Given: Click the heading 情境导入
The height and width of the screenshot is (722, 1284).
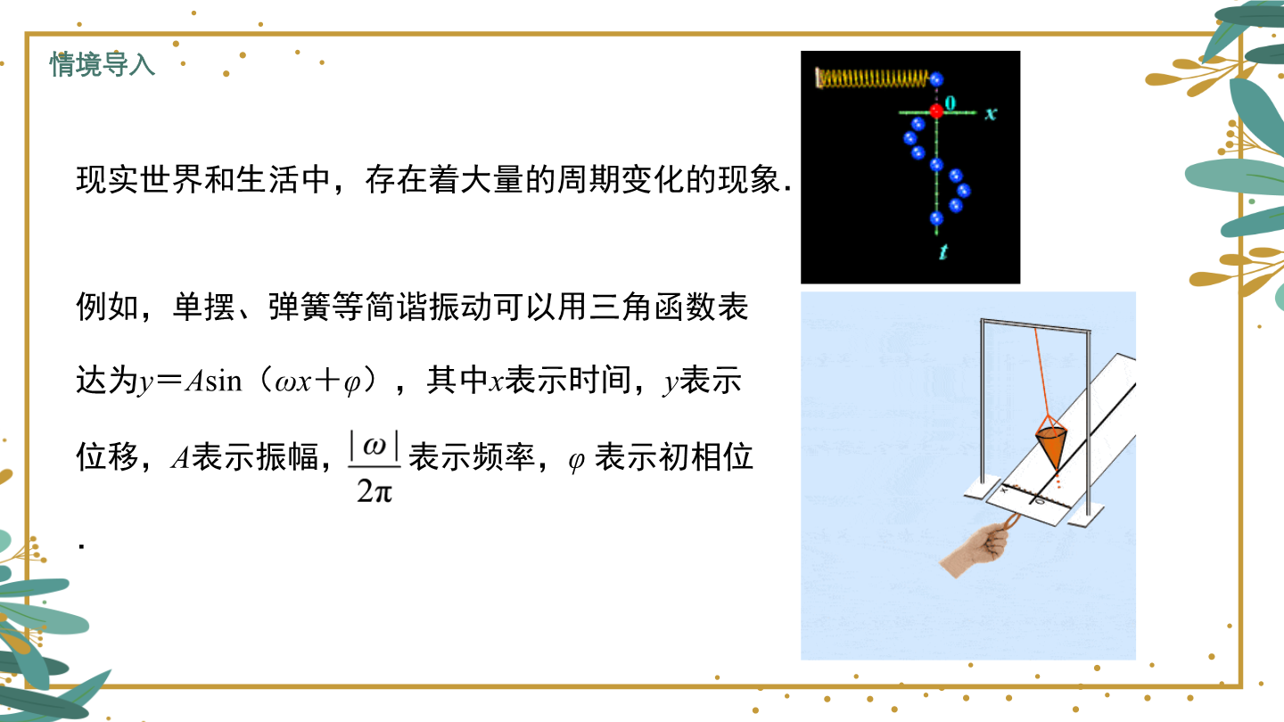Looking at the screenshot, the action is (102, 63).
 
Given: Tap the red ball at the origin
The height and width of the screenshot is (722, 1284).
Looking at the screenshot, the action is (936, 111).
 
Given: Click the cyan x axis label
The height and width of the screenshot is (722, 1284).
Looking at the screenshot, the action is (991, 113).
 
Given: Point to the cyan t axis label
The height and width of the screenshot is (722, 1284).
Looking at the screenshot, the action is (943, 251).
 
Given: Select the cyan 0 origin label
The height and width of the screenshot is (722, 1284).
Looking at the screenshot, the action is (951, 103).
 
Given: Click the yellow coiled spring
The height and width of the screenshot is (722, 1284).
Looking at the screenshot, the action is (872, 78).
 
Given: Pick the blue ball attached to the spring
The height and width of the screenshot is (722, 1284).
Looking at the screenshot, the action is (936, 79).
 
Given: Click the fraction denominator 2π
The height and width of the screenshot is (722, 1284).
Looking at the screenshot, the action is (374, 491).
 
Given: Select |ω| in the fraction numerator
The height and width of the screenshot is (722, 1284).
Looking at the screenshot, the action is (374, 446).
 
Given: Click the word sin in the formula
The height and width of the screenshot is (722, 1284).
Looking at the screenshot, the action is (224, 382).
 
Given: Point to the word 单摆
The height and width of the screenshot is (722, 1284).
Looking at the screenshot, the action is (204, 307).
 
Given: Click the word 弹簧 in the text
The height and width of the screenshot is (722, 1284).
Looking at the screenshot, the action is (300, 307).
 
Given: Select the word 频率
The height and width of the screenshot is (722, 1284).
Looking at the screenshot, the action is (503, 457).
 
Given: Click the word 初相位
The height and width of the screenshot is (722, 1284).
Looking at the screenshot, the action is (706, 457).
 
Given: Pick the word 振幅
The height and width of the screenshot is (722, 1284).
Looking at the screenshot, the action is (287, 457).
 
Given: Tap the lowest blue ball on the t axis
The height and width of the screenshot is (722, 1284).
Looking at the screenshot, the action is (936, 217).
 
